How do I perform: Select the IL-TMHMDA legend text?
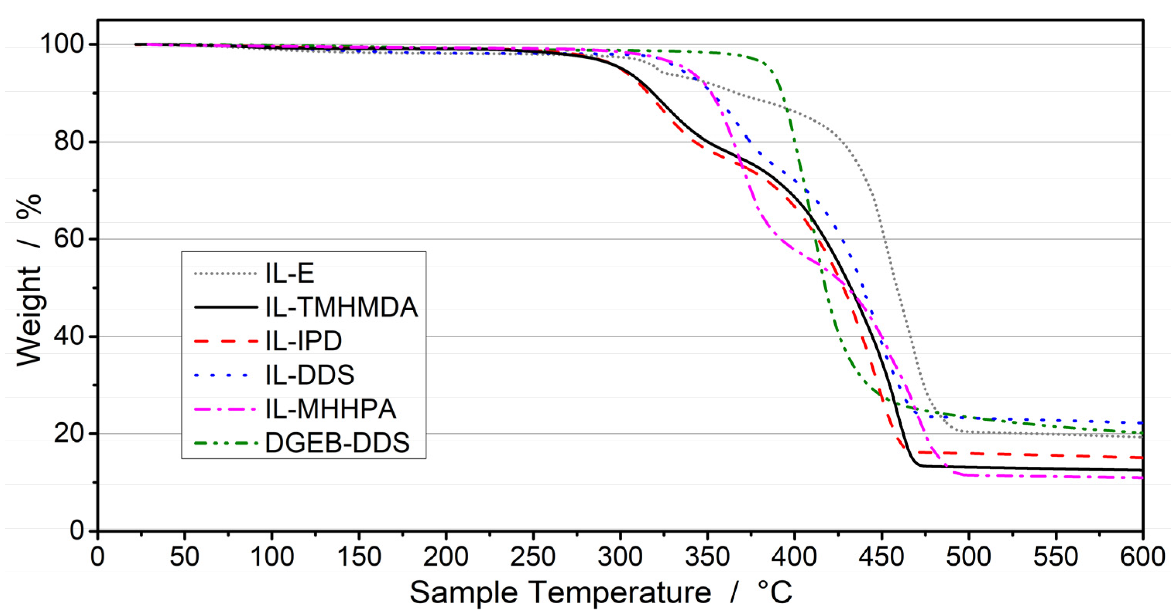341,307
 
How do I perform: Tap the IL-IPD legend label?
303,341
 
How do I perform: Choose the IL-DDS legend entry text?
310,375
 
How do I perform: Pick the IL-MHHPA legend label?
331,408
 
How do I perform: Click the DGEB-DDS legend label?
337,442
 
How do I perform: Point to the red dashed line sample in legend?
226,341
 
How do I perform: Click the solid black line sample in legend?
226,307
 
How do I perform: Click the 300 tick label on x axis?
620,556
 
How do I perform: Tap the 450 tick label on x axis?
881,556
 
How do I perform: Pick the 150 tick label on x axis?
359,556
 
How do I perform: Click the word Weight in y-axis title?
29,316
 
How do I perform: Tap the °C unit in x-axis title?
775,592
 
